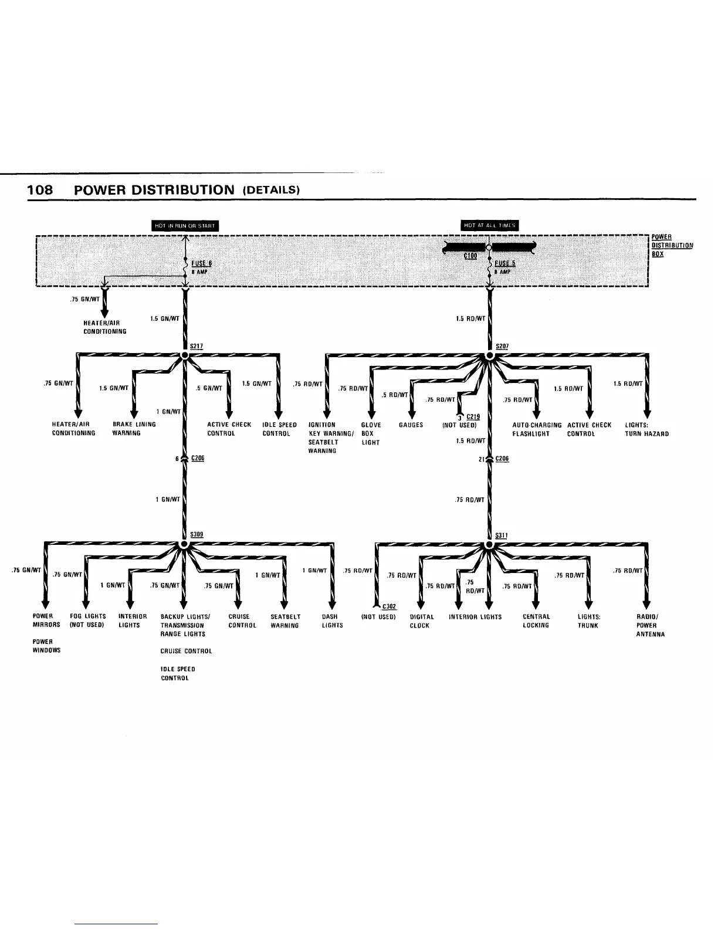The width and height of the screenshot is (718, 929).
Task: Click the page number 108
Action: coord(40,190)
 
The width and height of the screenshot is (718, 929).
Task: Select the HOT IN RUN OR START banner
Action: coord(185,226)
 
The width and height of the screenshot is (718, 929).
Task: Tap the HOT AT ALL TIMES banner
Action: coord(490,226)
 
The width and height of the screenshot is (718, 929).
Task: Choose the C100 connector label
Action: coord(470,256)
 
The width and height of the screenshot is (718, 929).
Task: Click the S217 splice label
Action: coord(197,346)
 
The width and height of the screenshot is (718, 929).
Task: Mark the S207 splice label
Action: coord(502,346)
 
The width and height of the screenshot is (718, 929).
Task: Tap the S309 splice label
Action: coord(197,534)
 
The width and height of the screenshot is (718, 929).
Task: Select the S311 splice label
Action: coord(502,534)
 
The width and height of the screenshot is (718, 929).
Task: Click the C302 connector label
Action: coord(389,606)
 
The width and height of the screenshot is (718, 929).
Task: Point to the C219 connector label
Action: coord(473,416)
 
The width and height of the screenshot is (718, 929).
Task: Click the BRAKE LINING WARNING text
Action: coord(134,429)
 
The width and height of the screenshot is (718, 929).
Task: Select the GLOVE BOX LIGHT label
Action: coord(371,433)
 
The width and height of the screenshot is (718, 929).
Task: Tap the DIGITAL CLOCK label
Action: coord(422,621)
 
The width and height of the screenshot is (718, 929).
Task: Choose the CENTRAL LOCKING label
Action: coord(536,621)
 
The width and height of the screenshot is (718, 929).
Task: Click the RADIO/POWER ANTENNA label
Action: coord(650,625)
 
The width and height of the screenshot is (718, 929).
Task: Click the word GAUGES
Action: coord(411,425)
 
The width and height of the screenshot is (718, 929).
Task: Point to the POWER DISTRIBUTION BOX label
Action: coord(672,246)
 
